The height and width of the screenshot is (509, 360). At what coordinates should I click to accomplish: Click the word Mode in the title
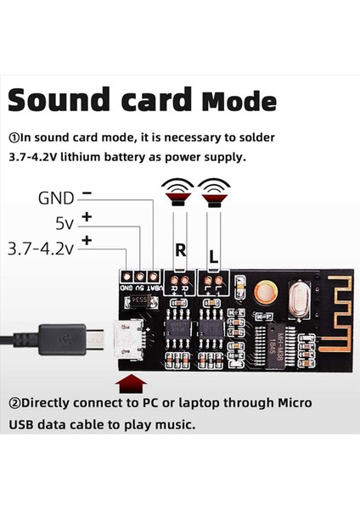click(239, 102)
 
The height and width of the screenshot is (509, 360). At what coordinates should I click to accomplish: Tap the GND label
click(56, 198)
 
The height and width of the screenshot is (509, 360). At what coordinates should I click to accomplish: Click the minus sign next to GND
click(87, 194)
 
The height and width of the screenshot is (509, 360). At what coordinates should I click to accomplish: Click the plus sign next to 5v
click(87, 219)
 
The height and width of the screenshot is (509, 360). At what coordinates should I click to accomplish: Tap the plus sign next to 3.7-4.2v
click(87, 243)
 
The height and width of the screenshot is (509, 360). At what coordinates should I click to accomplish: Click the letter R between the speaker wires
click(180, 250)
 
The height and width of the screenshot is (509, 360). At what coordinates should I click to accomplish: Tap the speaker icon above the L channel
click(212, 192)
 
